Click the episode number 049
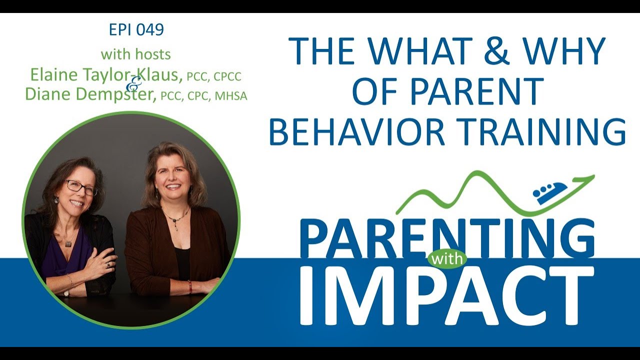tap(149, 29)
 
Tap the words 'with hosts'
tap(136, 54)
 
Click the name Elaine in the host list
tap(53, 75)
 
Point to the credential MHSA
tap(231, 96)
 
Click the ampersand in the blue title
tap(493, 51)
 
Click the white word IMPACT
tap(442, 296)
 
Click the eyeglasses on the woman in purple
tap(80, 188)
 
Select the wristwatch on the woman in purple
tap(66, 293)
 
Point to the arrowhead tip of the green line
tap(594, 175)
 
